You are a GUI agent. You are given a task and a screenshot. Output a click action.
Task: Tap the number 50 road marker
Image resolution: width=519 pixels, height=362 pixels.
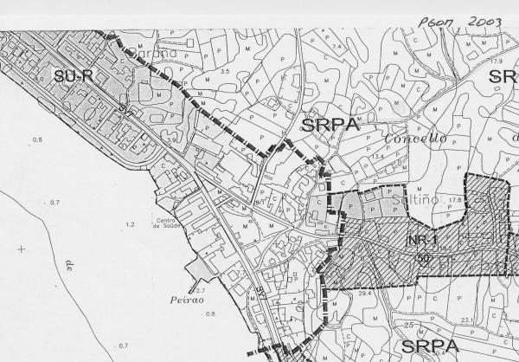(424, 258)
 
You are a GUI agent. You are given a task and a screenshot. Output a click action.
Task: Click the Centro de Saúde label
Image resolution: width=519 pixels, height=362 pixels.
(168, 224)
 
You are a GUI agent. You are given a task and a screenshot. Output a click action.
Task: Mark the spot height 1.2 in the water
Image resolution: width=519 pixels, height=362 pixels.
(131, 224)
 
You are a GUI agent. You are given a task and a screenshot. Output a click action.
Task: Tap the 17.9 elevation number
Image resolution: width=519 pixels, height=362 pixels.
(497, 61)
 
